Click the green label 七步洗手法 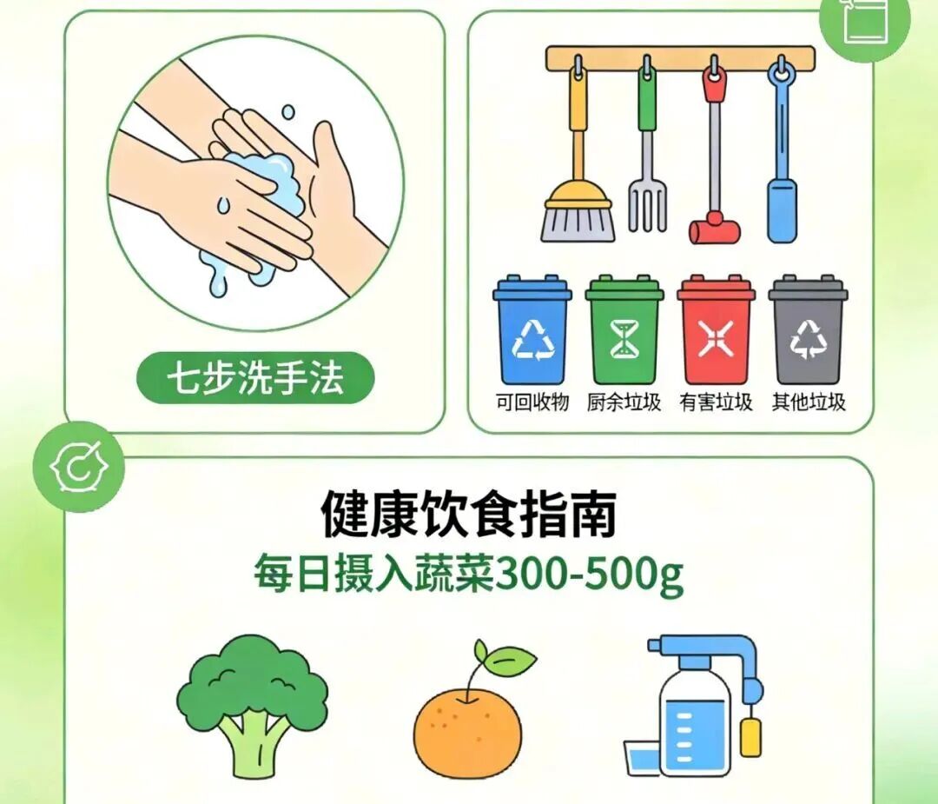[x=255, y=378]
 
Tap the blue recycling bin [x=532, y=330]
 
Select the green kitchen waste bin [x=624, y=330]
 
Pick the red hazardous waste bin [x=716, y=330]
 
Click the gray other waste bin [x=808, y=330]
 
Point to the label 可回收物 [x=532, y=402]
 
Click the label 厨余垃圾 [x=624, y=402]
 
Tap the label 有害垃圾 [x=716, y=402]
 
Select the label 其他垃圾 [x=809, y=402]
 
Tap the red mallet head [x=715, y=229]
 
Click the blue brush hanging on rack [x=782, y=153]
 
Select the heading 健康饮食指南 [x=468, y=514]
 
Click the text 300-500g [x=589, y=576]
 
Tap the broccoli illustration [x=252, y=707]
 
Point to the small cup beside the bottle [x=642, y=758]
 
